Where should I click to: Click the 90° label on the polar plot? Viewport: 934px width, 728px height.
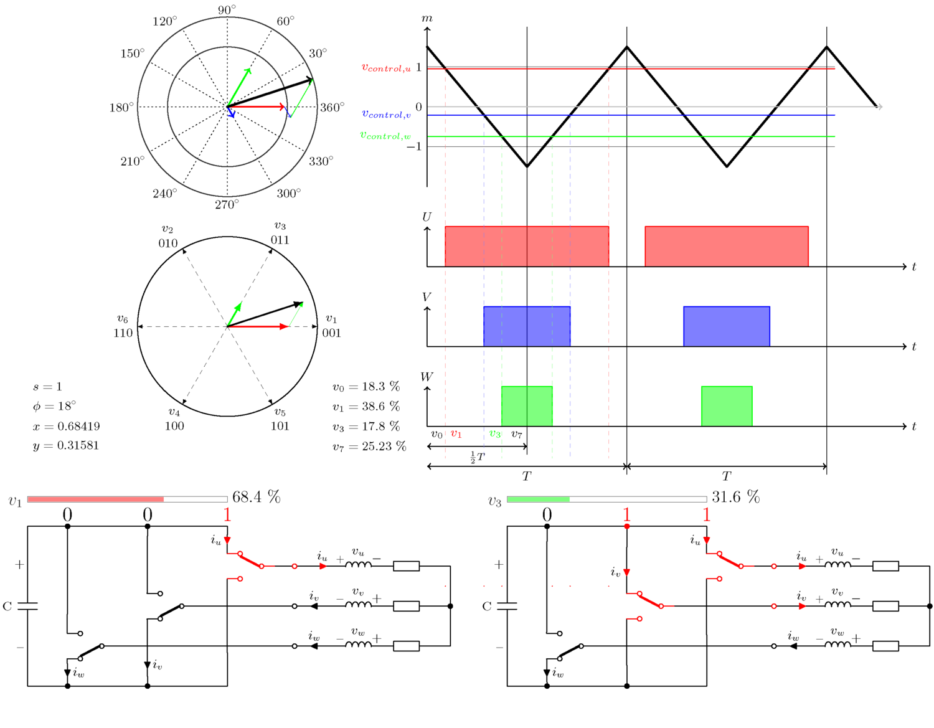pyautogui.click(x=227, y=10)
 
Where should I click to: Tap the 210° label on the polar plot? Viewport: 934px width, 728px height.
pyautogui.click(x=132, y=161)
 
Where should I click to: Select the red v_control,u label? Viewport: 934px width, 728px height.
pyautogui.click(x=386, y=68)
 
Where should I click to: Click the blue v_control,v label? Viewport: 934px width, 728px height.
pyautogui.click(x=386, y=115)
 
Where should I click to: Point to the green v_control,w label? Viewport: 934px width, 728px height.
pyautogui.click(x=385, y=136)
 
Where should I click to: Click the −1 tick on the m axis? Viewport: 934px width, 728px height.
pyautogui.click(x=414, y=146)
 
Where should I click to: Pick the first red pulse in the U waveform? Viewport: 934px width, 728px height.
pyautogui.click(x=526, y=247)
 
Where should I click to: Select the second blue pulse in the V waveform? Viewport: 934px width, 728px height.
pyautogui.click(x=726, y=326)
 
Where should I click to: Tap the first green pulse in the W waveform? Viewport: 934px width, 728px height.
pyautogui.click(x=527, y=406)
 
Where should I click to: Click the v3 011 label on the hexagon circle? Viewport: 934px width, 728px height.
pyautogui.click(x=280, y=234)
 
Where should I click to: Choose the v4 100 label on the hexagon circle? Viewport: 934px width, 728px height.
pyautogui.click(x=174, y=420)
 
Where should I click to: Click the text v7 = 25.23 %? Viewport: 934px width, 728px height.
pyautogui.click(x=369, y=447)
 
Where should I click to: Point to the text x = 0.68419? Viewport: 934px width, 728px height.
pyautogui.click(x=67, y=427)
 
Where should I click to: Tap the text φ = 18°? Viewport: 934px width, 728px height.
pyautogui.click(x=55, y=406)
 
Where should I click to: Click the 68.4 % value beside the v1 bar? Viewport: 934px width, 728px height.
pyautogui.click(x=256, y=497)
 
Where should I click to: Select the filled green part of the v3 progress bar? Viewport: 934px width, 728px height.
pyautogui.click(x=538, y=499)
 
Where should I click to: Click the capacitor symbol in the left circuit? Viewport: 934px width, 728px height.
pyautogui.click(x=27, y=606)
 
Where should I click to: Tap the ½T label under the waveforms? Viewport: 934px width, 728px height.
pyautogui.click(x=477, y=458)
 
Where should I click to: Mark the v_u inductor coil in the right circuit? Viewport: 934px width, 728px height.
pyautogui.click(x=838, y=564)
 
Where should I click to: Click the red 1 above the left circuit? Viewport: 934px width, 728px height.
pyautogui.click(x=227, y=515)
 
